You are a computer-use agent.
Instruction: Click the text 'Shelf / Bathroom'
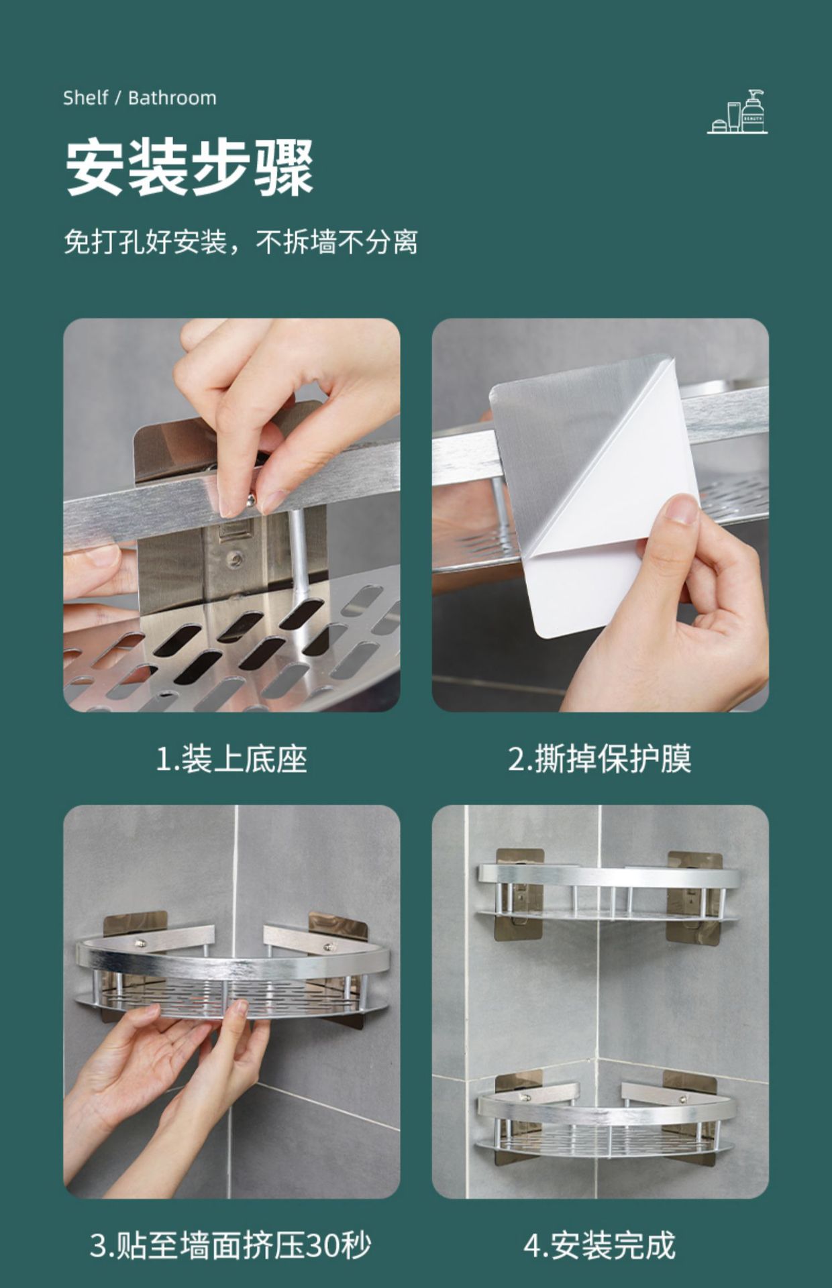click(140, 98)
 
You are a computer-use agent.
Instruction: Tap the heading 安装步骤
click(190, 167)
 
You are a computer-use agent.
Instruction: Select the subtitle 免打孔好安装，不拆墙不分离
click(241, 242)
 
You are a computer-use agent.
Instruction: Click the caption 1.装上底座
click(231, 759)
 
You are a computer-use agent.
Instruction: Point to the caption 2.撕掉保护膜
click(599, 759)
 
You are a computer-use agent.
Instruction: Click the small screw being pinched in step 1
click(249, 499)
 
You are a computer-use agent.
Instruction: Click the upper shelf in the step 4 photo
click(608, 892)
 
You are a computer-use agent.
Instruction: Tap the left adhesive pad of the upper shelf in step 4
click(519, 896)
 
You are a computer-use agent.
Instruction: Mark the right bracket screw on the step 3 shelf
click(328, 949)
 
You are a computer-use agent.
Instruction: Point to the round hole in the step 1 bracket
click(235, 556)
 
